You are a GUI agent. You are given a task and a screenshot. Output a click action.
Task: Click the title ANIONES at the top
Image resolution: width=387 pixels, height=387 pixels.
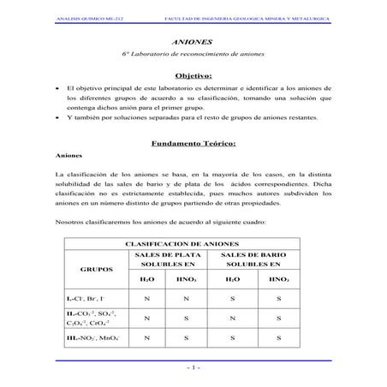point(193,40)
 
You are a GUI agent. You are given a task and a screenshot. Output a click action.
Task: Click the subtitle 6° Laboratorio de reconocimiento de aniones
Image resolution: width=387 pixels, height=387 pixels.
point(193,54)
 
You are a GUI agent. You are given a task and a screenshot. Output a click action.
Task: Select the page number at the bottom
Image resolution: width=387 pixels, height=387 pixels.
point(193,369)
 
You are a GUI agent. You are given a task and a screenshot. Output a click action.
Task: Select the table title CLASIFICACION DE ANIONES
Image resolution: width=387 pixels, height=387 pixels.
point(193,244)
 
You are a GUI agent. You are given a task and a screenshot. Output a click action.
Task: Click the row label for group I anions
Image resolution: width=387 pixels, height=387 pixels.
point(86,299)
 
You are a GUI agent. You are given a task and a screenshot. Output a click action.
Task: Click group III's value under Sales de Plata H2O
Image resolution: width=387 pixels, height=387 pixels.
point(147,337)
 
